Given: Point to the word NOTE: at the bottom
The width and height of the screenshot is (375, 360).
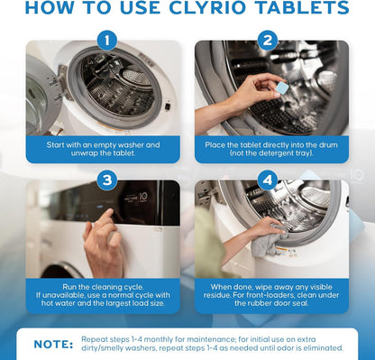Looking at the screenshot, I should tap(53, 344).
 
